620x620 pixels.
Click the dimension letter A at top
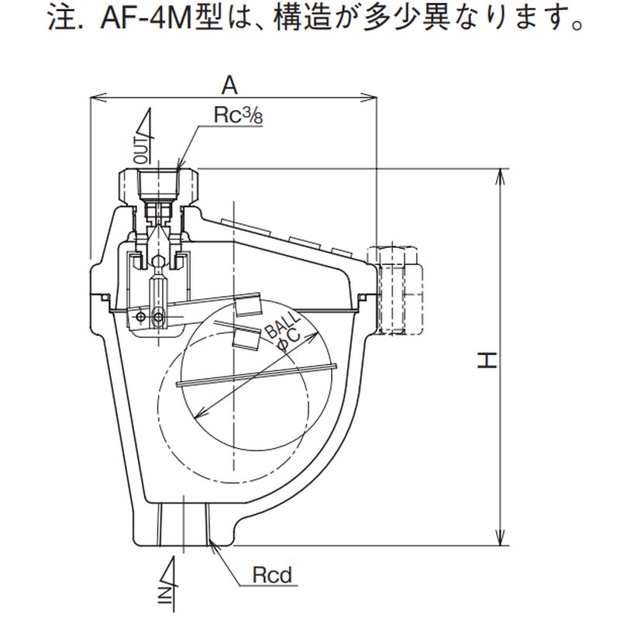click(230, 83)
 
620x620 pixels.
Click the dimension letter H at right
click(487, 359)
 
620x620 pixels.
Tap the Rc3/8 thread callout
click(235, 115)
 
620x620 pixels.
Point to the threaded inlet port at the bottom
click(185, 524)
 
